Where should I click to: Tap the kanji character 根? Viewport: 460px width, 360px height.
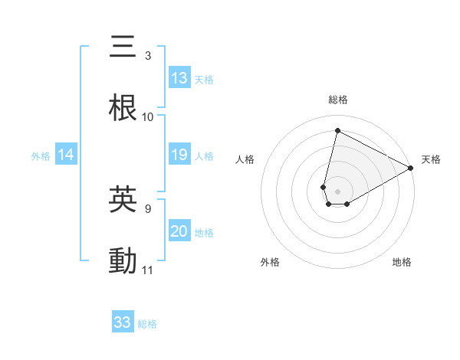click(123, 108)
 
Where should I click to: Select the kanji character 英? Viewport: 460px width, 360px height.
click(123, 199)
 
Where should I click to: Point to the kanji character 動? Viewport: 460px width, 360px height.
click(123, 261)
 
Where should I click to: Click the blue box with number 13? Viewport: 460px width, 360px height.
click(179, 78)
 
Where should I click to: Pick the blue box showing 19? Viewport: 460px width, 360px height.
click(179, 155)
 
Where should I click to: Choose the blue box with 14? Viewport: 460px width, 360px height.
click(66, 155)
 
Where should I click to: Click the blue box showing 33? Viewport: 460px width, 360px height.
click(123, 322)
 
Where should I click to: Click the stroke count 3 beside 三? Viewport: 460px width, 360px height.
click(147, 55)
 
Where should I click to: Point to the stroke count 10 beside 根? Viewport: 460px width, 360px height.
click(148, 117)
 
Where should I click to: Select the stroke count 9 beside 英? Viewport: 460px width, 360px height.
click(147, 208)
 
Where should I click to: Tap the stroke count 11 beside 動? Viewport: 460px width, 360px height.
click(148, 270)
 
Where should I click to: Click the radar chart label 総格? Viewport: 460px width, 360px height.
click(338, 100)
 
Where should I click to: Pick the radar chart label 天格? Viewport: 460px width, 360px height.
click(431, 159)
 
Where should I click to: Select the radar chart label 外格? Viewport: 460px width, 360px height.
click(270, 263)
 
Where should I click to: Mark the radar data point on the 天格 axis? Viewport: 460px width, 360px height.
click(411, 168)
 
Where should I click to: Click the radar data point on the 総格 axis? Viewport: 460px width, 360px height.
click(337, 130)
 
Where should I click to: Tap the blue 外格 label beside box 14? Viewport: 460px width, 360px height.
click(41, 156)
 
